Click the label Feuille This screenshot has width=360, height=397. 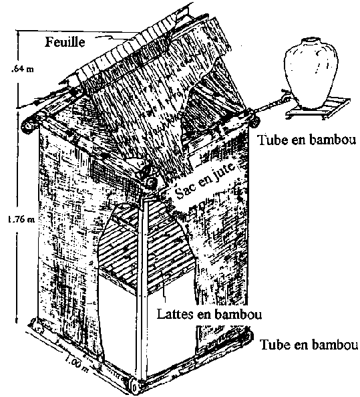coord(65,42)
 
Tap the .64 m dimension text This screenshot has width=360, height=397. coord(22,69)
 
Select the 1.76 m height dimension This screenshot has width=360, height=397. coord(21,219)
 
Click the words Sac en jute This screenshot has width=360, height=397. coord(206,180)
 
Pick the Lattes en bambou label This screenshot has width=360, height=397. coord(209,314)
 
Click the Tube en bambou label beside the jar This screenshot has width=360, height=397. coord(307,140)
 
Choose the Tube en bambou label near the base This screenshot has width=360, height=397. coord(309,345)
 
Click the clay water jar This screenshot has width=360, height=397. coord(311,73)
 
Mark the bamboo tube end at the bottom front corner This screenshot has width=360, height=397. coord(135,387)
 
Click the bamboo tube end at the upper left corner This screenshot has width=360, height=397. coord(28,126)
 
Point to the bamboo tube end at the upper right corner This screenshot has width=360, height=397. coord(254,121)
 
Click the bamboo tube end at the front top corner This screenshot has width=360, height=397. coord(152,182)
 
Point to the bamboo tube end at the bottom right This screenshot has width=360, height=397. coord(248,337)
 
